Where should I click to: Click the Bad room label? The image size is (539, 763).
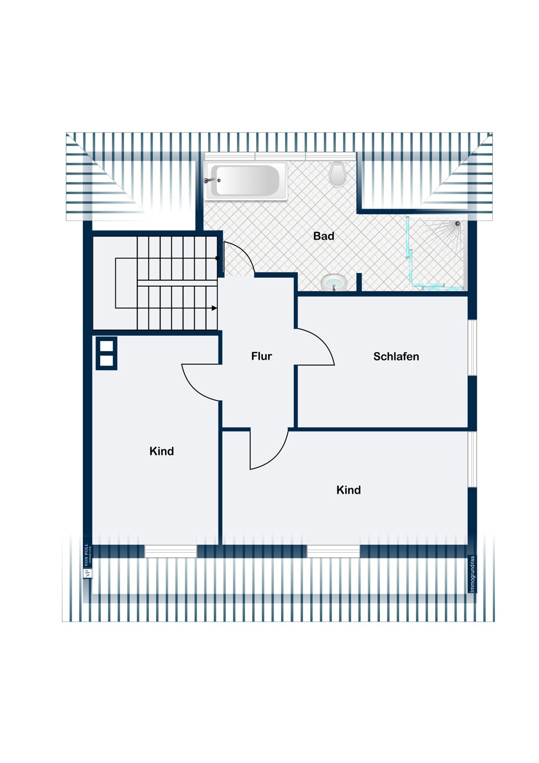point(323,236)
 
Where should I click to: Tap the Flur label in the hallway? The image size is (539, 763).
point(261,356)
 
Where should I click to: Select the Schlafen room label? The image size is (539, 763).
point(396,357)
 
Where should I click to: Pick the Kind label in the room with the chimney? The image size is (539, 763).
point(162,451)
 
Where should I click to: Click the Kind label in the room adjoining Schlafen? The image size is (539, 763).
point(348,490)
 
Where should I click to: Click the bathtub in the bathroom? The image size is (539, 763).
point(246,181)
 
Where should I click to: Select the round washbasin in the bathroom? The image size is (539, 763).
point(334,282)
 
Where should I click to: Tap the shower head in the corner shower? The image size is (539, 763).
point(458,223)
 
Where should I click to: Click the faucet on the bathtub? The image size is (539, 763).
point(210,180)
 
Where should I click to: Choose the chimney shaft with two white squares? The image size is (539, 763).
point(106,353)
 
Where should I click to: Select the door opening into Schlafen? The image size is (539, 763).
point(315,347)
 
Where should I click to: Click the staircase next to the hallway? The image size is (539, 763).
point(168,283)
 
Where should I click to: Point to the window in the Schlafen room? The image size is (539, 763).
point(472,347)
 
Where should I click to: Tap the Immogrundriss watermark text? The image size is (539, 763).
point(472,574)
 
